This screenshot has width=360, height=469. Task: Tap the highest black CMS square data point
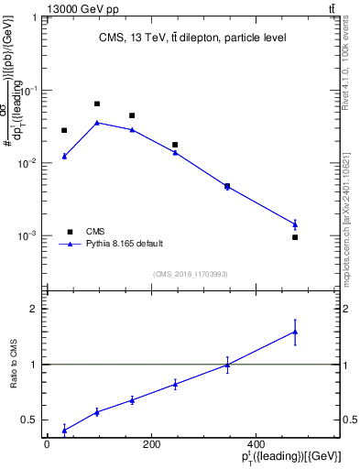pos(97,104)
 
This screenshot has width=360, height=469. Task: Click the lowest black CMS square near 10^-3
pos(295,237)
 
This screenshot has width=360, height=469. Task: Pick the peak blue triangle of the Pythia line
pos(97,122)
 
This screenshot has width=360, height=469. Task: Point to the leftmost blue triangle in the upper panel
pos(64,157)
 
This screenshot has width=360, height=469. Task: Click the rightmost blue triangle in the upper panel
pos(295,224)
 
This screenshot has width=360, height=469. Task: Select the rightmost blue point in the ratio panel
pos(295,332)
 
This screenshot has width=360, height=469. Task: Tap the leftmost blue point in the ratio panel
pos(64,429)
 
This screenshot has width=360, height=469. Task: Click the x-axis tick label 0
pos(47,444)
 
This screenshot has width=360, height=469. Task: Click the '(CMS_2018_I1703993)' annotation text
pos(190,273)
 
